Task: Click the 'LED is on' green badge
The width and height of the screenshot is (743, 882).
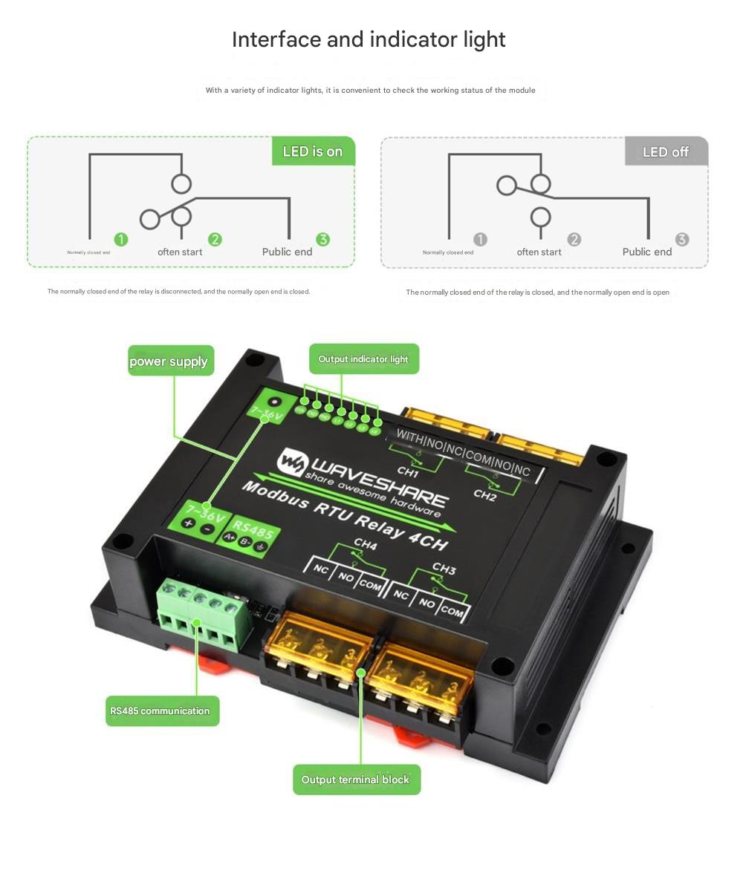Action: coord(313,151)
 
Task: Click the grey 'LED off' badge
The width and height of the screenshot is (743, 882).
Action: coord(666,151)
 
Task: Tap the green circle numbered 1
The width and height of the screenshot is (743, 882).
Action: coord(121,239)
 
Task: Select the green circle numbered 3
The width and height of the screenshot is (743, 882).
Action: coord(322,239)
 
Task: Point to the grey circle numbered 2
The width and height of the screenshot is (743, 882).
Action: coord(574,239)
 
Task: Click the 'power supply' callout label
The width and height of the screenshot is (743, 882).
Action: coord(170,361)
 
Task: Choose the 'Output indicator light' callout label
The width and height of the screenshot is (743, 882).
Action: coord(363,359)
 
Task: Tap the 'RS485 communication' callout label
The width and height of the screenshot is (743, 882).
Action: coord(161,710)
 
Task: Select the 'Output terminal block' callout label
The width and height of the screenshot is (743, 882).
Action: coord(356,780)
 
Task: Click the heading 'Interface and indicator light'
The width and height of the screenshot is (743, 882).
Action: coord(369,39)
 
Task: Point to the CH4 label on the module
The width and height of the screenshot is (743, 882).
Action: coord(366,544)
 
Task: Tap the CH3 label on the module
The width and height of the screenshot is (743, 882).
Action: coord(444,569)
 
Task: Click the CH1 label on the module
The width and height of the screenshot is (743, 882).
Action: coord(408,471)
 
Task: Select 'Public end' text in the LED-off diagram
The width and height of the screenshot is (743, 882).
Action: coord(646,252)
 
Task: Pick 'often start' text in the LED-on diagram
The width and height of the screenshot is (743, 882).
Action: coord(180,252)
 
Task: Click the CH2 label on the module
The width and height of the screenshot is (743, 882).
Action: coord(484,496)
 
